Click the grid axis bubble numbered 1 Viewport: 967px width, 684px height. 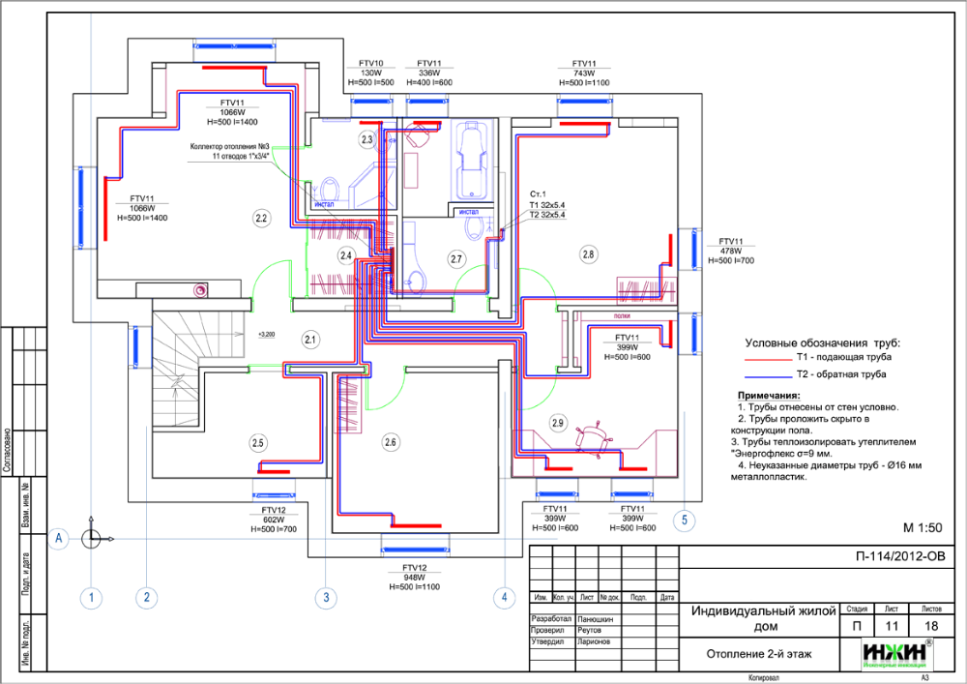pyautogui.click(x=91, y=599)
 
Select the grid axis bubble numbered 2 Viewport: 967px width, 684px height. pyautogui.click(x=146, y=599)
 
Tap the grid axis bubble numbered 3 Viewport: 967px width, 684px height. pyautogui.click(x=326, y=599)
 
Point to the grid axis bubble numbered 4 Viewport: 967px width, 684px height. pyautogui.click(x=505, y=599)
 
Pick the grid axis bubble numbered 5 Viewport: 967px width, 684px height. pyautogui.click(x=685, y=520)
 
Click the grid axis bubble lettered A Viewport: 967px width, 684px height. pyautogui.click(x=59, y=539)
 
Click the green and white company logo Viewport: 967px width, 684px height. pyautogui.click(x=896, y=654)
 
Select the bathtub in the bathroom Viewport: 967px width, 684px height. pyautogui.click(x=471, y=160)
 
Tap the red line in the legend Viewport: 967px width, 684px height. pyautogui.click(x=768, y=361)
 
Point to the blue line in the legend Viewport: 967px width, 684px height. pyautogui.click(x=768, y=376)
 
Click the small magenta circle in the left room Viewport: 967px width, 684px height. pyautogui.click(x=200, y=289)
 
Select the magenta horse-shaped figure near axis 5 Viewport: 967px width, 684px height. pyautogui.click(x=592, y=437)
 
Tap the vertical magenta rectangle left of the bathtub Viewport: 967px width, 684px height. pyautogui.click(x=411, y=170)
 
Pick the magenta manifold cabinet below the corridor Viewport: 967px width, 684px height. pyautogui.click(x=348, y=404)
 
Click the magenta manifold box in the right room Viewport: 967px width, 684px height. pyautogui.click(x=646, y=289)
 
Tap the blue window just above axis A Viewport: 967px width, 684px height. pyautogui.click(x=415, y=549)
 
